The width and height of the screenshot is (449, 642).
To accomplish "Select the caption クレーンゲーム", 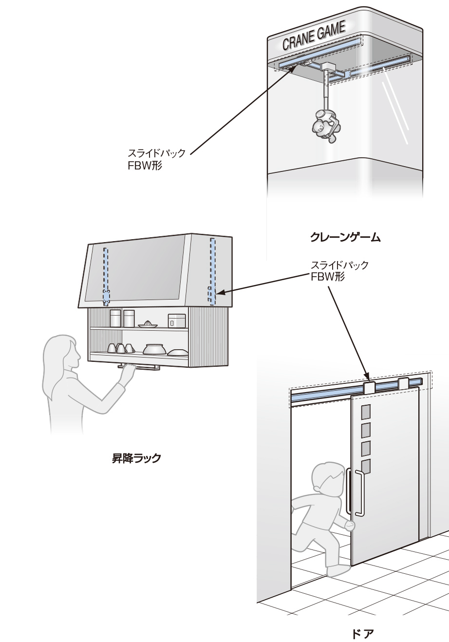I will pyautogui.click(x=345, y=238).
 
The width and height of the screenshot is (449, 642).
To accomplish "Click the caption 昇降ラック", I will pyautogui.click(x=133, y=458).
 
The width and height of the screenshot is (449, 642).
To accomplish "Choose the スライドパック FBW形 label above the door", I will pyautogui.click(x=339, y=271).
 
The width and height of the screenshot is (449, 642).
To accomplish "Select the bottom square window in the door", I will pyautogui.click(x=366, y=467).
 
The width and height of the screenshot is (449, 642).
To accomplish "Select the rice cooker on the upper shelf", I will pyautogui.click(x=176, y=321).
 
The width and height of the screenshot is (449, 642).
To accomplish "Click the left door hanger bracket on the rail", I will pyautogui.click(x=369, y=388).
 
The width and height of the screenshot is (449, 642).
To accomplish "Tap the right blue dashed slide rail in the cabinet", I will pyautogui.click(x=213, y=271).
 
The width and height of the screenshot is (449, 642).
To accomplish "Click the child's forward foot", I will pyautogui.click(x=338, y=570).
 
